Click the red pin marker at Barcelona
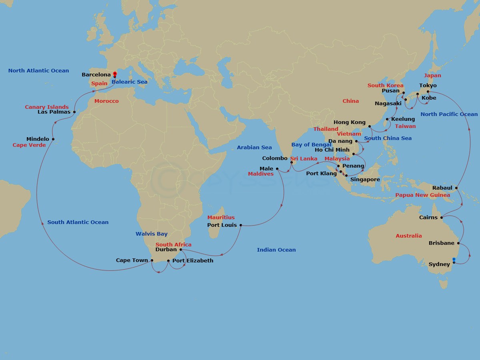click(115, 74)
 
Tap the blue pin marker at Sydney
click(454, 260)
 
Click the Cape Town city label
click(132, 260)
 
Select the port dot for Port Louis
click(240, 225)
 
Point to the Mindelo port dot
click(53, 139)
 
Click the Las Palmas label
click(54, 112)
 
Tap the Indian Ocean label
click(276, 250)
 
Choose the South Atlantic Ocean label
click(78, 222)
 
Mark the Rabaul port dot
click(456, 188)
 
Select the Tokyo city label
click(428, 86)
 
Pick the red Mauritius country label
click(221, 218)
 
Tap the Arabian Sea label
click(254, 148)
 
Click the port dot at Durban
click(181, 250)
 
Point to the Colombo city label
click(274, 158)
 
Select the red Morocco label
click(106, 101)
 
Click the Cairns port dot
click(442, 218)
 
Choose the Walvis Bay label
click(151, 234)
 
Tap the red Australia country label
click(408, 236)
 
